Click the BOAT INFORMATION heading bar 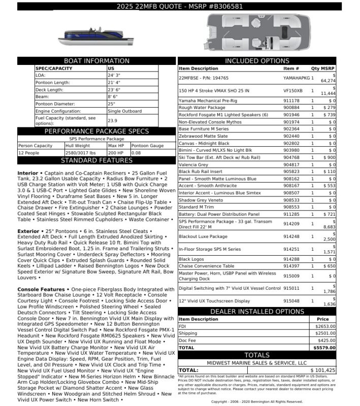point(96,61)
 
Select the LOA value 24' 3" point(114,75)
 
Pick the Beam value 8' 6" point(113,96)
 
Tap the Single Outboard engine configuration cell point(125,111)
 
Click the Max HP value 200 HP point(115,152)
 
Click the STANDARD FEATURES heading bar point(96,160)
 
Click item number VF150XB point(292,90)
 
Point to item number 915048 point(291,300)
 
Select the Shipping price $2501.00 point(325,333)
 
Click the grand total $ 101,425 point(322,370)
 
